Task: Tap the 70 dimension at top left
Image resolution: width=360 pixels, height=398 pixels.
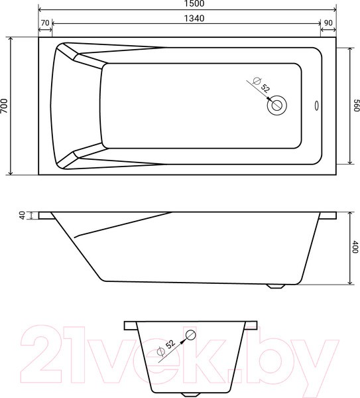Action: coord(45,23)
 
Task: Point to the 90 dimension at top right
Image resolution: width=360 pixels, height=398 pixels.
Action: coord(328,23)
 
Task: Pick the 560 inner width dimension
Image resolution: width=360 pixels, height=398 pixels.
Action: coord(355,106)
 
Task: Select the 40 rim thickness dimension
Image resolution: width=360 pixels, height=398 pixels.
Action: coord(22,216)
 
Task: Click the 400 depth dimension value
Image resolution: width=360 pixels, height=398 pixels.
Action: coord(355,247)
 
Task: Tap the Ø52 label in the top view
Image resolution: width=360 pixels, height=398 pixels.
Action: coord(261,87)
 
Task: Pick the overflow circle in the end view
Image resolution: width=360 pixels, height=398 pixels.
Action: coord(191,335)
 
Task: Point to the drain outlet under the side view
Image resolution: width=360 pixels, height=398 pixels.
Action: coord(276,286)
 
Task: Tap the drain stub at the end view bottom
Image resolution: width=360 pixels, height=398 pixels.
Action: coord(187,393)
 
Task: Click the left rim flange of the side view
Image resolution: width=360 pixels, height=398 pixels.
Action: coord(46,216)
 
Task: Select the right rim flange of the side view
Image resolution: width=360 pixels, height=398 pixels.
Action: coord(327,216)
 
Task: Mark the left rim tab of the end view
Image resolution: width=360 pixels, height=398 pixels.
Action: coord(129,325)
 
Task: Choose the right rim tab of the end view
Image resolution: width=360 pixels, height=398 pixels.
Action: coord(251,325)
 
